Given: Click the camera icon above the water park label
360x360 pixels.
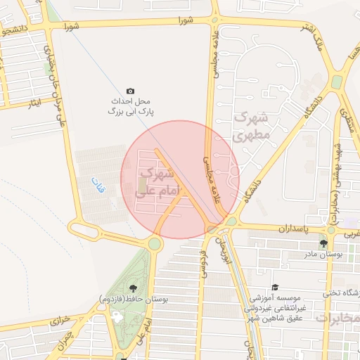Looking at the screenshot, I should pos(130,91).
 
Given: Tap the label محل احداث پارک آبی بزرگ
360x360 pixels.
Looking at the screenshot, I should pos(130,107).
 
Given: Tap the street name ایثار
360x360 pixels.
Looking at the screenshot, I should pos(34,104).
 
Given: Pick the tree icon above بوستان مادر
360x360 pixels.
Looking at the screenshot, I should pos(323,243).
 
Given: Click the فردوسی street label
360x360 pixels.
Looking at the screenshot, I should pos(202,262).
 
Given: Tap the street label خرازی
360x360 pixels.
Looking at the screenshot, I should pos(60,321).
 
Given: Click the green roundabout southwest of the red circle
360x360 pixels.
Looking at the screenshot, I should pos(153,244).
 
